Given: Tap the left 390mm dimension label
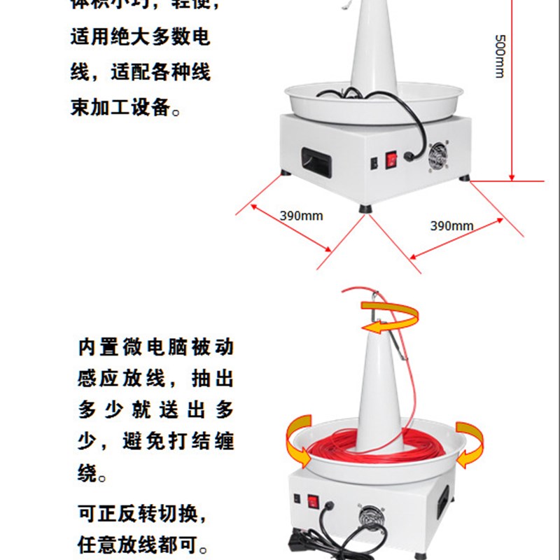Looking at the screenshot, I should (302, 216).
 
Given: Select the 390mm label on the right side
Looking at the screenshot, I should (451, 225).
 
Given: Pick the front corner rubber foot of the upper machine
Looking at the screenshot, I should (365, 208).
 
